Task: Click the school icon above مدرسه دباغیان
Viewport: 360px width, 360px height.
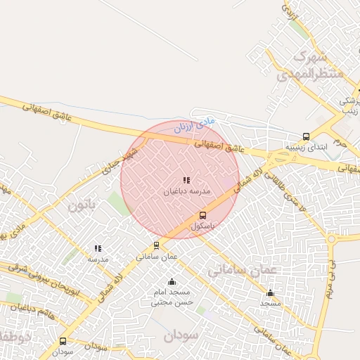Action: coord(186,180)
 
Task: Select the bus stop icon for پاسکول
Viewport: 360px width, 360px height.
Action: coord(203,216)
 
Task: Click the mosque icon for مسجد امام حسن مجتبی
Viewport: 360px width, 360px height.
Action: coord(172,282)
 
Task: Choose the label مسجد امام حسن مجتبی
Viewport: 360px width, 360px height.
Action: coord(172,297)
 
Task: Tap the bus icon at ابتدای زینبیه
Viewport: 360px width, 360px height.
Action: coord(306,136)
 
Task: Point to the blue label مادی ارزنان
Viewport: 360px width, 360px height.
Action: coord(193,127)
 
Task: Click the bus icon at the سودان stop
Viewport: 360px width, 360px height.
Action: coord(63,341)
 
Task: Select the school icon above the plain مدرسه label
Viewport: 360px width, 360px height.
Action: coord(98,248)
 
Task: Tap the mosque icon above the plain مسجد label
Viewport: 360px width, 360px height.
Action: coord(271,292)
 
